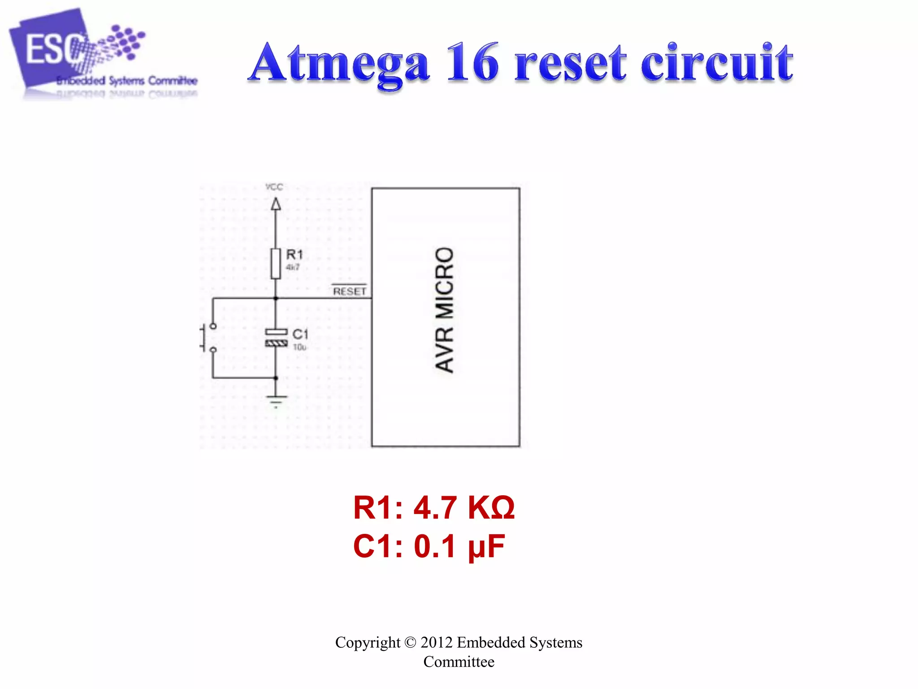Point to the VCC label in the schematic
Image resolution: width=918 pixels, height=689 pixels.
(274, 187)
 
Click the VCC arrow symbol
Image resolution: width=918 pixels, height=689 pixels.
(276, 205)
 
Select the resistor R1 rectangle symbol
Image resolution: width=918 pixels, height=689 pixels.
(276, 263)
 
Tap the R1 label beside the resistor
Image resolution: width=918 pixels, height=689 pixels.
(294, 255)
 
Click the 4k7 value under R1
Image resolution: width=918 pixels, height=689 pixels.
(293, 267)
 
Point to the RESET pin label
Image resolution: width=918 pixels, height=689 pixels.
(350, 292)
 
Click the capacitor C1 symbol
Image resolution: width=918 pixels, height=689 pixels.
(276, 337)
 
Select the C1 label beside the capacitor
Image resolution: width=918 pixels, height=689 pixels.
(300, 334)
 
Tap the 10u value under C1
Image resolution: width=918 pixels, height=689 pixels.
(299, 347)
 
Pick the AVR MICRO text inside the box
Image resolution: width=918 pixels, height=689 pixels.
(445, 310)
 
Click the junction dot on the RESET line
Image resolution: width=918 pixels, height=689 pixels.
(276, 298)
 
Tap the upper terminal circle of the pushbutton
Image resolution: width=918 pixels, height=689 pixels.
(213, 326)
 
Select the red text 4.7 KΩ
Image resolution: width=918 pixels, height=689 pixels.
(464, 508)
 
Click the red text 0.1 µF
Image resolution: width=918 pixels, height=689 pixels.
(459, 546)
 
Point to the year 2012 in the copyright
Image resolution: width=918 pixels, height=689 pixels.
(436, 642)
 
